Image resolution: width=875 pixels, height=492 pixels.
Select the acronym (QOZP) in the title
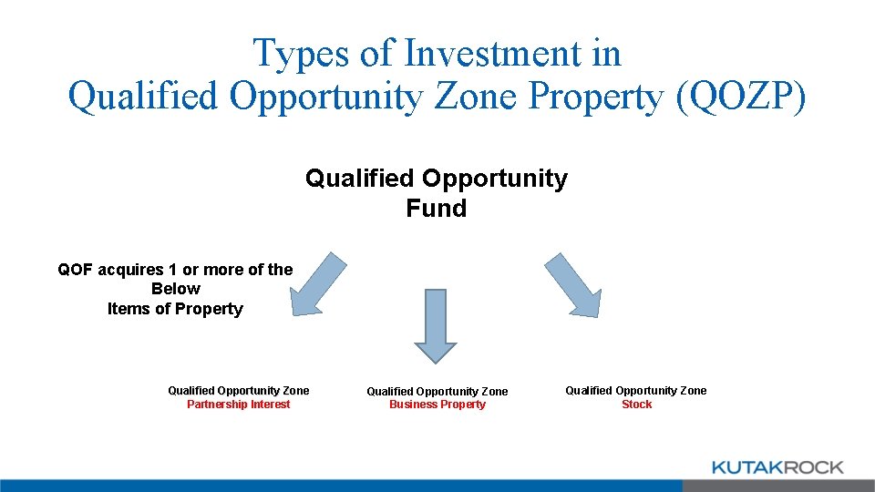click(740, 97)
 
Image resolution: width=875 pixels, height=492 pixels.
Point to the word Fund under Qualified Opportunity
click(436, 209)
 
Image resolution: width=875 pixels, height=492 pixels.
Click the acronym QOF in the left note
click(77, 269)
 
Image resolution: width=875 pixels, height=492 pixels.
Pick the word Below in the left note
click(175, 289)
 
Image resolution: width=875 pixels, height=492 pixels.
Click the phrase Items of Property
click(175, 309)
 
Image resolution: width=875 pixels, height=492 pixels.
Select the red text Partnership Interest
click(238, 405)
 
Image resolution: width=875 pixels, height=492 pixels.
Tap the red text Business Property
click(437, 405)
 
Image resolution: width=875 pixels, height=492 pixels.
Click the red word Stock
click(636, 405)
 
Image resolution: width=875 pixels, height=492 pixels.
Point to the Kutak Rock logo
click(777, 467)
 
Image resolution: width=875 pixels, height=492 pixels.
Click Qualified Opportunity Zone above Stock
click(635, 391)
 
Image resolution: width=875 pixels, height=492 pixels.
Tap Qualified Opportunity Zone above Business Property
click(437, 391)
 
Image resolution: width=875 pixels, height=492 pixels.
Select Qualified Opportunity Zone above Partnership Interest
click(238, 391)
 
